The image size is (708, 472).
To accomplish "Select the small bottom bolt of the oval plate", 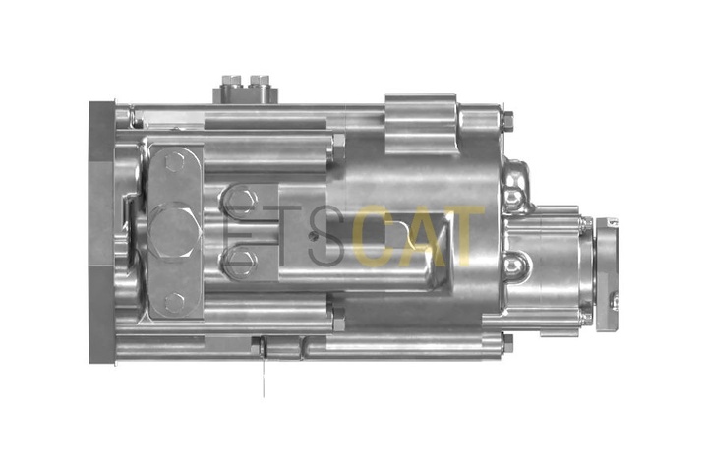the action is point(174,302).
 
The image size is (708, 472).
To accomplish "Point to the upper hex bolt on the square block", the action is point(240,201).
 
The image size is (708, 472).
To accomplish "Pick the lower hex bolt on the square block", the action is point(241,262).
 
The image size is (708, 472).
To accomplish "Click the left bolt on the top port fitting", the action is point(231,81).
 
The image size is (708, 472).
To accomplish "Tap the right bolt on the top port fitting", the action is point(260,81).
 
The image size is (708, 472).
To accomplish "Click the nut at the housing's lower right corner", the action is point(508,343).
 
